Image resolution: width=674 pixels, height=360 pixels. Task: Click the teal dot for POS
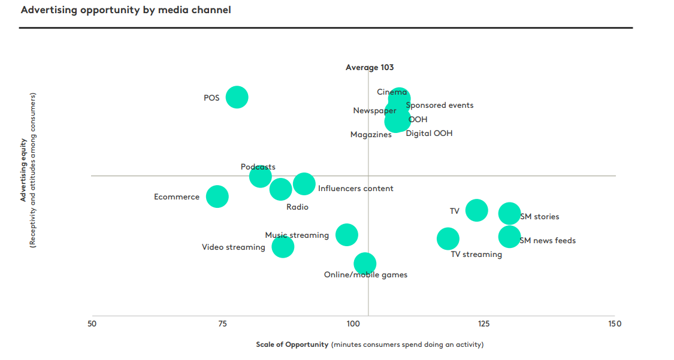tap(237, 96)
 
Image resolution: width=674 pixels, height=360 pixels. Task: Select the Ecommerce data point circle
tap(217, 196)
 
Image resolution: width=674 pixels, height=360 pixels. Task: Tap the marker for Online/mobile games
tap(365, 263)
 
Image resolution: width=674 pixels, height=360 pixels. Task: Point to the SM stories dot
tap(510, 213)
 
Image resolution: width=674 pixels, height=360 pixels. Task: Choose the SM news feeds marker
tap(510, 237)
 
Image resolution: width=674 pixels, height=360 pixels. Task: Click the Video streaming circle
tap(283, 246)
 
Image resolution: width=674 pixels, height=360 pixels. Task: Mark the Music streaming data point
tap(347, 234)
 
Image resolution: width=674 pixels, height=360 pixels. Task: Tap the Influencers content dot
tap(304, 183)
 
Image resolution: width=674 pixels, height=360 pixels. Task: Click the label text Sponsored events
tap(440, 105)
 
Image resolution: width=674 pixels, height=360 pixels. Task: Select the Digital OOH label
tap(429, 134)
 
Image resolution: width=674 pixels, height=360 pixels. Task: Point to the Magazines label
tap(371, 135)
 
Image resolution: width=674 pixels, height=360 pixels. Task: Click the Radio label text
tap(297, 207)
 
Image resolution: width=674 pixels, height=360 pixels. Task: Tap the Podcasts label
tap(258, 167)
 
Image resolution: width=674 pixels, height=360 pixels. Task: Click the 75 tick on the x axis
tap(222, 324)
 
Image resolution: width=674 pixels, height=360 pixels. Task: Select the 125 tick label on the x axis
tap(484, 324)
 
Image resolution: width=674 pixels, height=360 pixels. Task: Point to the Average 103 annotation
tap(370, 68)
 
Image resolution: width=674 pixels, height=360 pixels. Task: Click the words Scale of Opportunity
tap(292, 344)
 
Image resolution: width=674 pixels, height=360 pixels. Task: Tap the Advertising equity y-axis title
tap(23, 171)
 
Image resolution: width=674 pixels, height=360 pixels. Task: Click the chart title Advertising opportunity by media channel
tap(126, 10)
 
